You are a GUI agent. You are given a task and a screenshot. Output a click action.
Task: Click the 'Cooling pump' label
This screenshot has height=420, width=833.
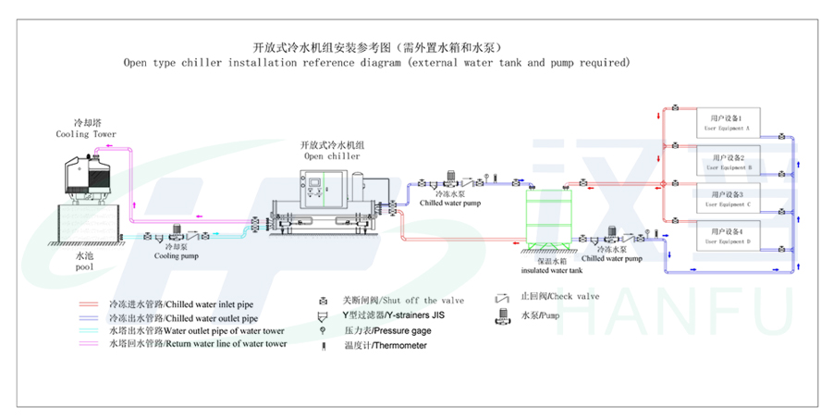coord(176,257)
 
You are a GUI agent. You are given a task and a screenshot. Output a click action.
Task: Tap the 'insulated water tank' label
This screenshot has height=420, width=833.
coord(551,271)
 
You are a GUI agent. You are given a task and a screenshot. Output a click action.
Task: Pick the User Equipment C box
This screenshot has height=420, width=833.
coord(729,199)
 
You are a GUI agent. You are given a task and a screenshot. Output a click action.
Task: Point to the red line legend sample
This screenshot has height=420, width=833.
coord(90,303)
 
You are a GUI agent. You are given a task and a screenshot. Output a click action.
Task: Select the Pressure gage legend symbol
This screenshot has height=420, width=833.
coord(323,330)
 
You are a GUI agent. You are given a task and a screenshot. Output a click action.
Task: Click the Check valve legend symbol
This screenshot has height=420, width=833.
coord(502,298)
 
